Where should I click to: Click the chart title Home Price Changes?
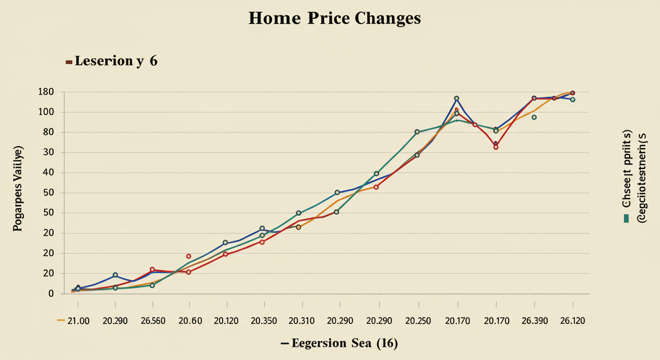(x=335, y=19)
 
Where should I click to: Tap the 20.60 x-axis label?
(x=190, y=321)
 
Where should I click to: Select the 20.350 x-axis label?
(x=263, y=321)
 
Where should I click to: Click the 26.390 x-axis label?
(x=534, y=321)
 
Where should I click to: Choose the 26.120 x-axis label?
(x=572, y=321)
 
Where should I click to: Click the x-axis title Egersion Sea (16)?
(x=345, y=344)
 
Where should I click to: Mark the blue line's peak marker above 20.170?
(x=457, y=99)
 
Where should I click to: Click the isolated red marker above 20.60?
(x=188, y=256)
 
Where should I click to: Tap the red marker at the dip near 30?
(x=495, y=147)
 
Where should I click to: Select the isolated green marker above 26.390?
(x=534, y=117)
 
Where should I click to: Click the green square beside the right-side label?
(x=626, y=218)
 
